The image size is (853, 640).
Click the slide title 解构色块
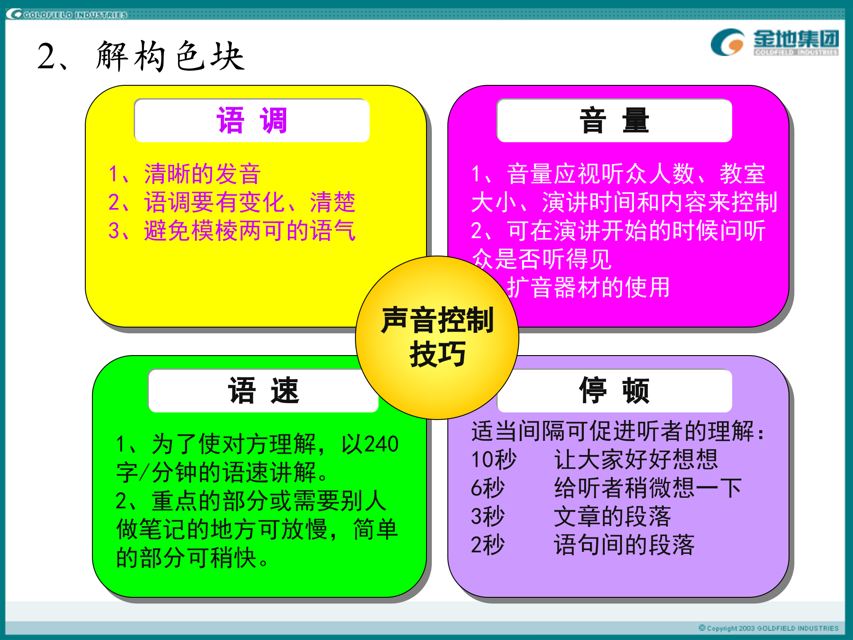[x=170, y=57]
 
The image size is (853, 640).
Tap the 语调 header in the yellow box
[x=252, y=121]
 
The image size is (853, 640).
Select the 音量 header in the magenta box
[x=614, y=121]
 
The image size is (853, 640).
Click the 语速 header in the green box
[x=263, y=391]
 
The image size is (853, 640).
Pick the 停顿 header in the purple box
[x=614, y=391]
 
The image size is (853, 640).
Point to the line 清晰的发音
[x=202, y=174]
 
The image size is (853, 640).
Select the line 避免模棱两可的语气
[x=250, y=231]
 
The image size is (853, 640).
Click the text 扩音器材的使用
[x=588, y=288]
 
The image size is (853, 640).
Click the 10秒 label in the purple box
[x=494, y=460]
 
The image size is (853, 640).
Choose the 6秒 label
[x=488, y=488]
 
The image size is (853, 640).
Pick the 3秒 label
[x=488, y=516]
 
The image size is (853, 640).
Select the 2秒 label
[x=488, y=545]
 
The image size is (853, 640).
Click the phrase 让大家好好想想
[x=636, y=460]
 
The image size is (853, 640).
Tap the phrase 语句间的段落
[x=624, y=545]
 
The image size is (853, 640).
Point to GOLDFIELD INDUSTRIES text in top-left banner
[x=75, y=15]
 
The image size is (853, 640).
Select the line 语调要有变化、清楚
[x=250, y=202]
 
